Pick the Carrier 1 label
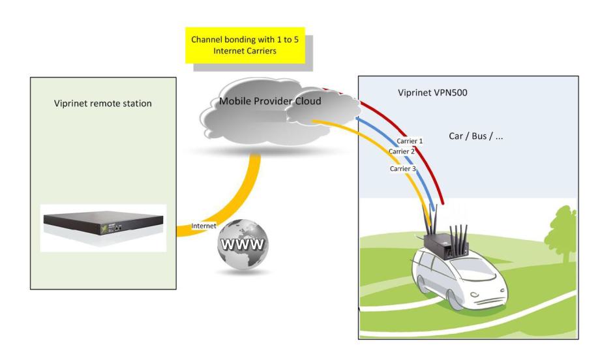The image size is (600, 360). [x=410, y=141]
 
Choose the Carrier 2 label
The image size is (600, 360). [x=402, y=152]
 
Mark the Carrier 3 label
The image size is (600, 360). [x=402, y=168]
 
